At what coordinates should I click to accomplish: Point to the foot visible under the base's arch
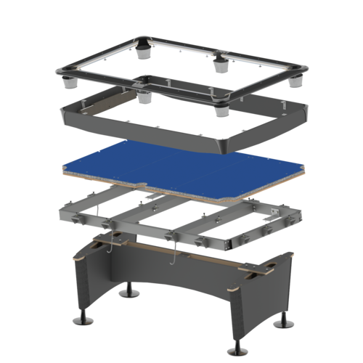pos(131,293)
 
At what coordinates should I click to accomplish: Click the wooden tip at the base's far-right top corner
pos(292,254)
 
